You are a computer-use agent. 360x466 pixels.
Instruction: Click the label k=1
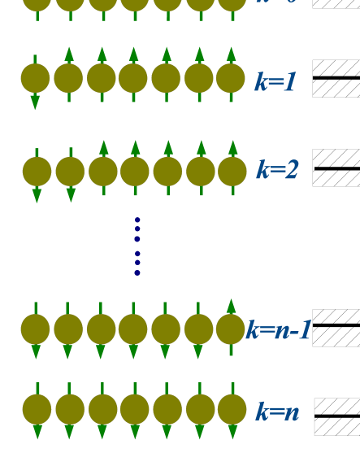[x=275, y=82]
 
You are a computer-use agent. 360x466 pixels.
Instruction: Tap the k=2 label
[x=277, y=170]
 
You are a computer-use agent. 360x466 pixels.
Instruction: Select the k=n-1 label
[x=279, y=330]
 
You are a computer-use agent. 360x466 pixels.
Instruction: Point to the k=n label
[x=277, y=412]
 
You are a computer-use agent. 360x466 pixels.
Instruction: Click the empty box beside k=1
[x=336, y=78]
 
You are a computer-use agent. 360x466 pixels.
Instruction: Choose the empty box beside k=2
[x=336, y=168]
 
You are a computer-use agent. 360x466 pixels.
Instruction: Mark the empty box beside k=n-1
[x=336, y=328]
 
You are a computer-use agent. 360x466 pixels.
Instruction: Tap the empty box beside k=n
[x=336, y=416]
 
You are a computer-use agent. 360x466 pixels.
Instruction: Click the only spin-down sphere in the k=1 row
[x=35, y=79]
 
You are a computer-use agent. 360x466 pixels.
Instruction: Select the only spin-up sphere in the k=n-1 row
[x=231, y=329]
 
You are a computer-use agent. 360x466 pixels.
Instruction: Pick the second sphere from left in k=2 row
[x=70, y=172]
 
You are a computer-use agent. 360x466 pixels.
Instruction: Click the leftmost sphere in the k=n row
[x=37, y=409]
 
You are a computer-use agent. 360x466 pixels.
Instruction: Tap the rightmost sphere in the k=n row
[x=232, y=409]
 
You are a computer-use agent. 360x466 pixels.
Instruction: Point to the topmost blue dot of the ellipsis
[x=137, y=220]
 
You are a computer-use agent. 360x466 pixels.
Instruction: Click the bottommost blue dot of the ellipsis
[x=137, y=273]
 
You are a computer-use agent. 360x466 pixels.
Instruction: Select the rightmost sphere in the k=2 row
[x=232, y=172]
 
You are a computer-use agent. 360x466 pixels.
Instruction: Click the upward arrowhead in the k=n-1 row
[x=231, y=306]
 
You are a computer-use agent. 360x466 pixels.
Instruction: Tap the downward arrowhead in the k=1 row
[x=35, y=102]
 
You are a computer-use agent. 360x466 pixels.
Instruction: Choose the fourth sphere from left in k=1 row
[x=133, y=79]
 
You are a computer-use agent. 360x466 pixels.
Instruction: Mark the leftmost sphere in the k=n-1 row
[x=35, y=329]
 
